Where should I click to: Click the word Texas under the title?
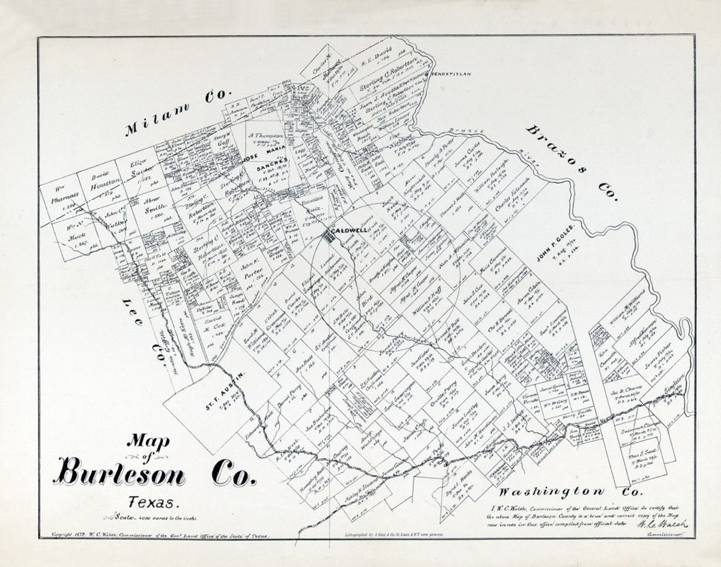click(153, 502)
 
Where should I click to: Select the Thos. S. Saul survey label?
click(643, 454)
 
